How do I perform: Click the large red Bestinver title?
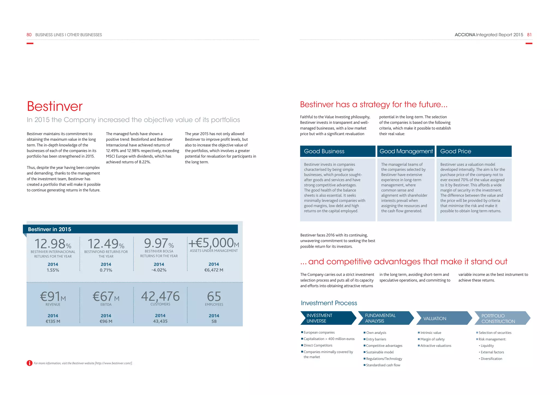(x=55, y=106)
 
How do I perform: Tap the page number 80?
(x=29, y=35)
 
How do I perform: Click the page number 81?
(x=529, y=35)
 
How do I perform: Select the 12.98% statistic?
(x=53, y=244)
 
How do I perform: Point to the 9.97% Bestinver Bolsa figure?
(x=159, y=243)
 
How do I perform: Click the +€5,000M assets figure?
(x=214, y=243)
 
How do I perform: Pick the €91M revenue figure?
(x=53, y=297)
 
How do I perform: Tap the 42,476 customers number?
(x=160, y=296)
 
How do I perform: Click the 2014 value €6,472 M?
(x=214, y=270)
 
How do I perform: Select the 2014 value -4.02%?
(x=159, y=270)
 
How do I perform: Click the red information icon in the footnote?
(x=29, y=363)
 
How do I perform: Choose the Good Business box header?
(x=338, y=151)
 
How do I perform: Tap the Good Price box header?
(x=474, y=151)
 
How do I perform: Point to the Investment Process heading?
(x=329, y=303)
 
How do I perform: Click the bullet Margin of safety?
(x=432, y=339)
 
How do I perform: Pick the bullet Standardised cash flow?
(x=383, y=365)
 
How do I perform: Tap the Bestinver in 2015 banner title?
(x=49, y=229)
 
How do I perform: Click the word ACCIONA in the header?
(x=465, y=35)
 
